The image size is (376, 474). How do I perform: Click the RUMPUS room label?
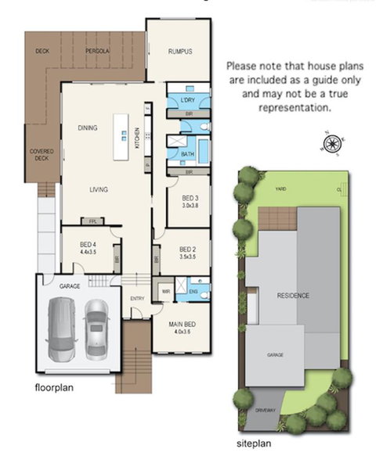pyautogui.click(x=180, y=52)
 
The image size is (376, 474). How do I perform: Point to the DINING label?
pyautogui.click(x=87, y=127)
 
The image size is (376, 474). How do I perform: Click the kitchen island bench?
pyautogui.click(x=121, y=138)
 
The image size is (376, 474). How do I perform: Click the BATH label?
pyautogui.click(x=187, y=155)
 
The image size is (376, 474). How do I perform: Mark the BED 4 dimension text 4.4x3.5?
pyautogui.click(x=87, y=253)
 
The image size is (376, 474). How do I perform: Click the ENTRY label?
pyautogui.click(x=138, y=298)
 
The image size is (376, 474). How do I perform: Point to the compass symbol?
pyautogui.click(x=332, y=144)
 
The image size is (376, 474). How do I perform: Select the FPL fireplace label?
pyautogui.click(x=92, y=221)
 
